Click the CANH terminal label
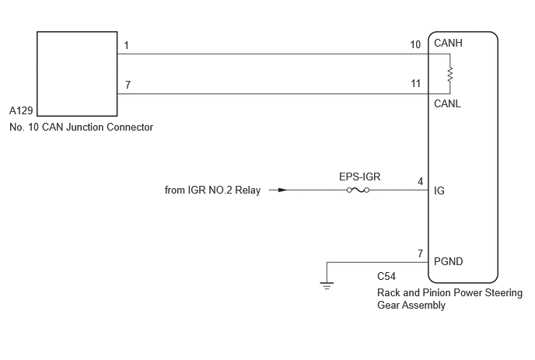pyautogui.click(x=448, y=44)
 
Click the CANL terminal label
pyautogui.click(x=447, y=103)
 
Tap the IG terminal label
pyautogui.click(x=439, y=190)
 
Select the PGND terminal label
pyautogui.click(x=449, y=262)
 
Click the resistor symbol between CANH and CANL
pyautogui.click(x=450, y=74)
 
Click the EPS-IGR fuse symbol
pyautogui.click(x=358, y=190)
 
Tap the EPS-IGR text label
pyautogui.click(x=359, y=177)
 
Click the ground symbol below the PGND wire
pyautogui.click(x=327, y=285)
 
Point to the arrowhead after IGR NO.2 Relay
pyautogui.click(x=283, y=190)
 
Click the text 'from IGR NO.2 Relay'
pyautogui.click(x=212, y=190)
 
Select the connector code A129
pyautogui.click(x=21, y=110)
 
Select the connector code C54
pyautogui.click(x=386, y=276)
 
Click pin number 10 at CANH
pyautogui.click(x=415, y=44)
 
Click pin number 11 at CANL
pyautogui.click(x=415, y=84)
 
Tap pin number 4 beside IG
pyautogui.click(x=421, y=181)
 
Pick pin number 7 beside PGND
pyautogui.click(x=421, y=254)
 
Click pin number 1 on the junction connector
pyautogui.click(x=126, y=45)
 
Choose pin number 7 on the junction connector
pyautogui.click(x=128, y=85)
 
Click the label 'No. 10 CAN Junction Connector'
pyautogui.click(x=81, y=128)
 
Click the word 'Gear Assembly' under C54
pyautogui.click(x=411, y=305)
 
